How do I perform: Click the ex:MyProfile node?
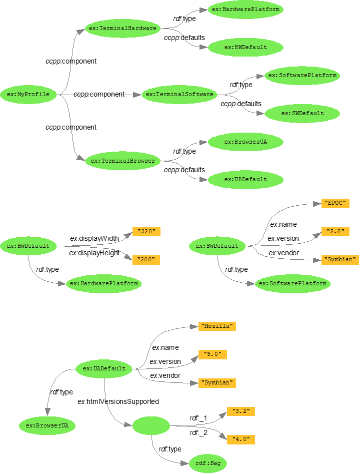pyautogui.click(x=28, y=94)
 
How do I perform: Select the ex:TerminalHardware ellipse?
pyautogui.click(x=122, y=29)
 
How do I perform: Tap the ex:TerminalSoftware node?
pyautogui.click(x=178, y=94)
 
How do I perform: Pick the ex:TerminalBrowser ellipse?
pyautogui.click(x=122, y=161)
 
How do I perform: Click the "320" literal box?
pyautogui.click(x=146, y=232)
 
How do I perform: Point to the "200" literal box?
pyautogui.click(x=146, y=260)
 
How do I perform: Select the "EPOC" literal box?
pyautogui.click(x=335, y=203)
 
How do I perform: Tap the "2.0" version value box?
pyautogui.click(x=335, y=232)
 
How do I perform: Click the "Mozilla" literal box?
pyautogui.click(x=216, y=326)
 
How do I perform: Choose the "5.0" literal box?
pyautogui.click(x=212, y=354)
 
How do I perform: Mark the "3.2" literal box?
pyautogui.click(x=241, y=411)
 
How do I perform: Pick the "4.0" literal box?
pyautogui.click(x=241, y=439)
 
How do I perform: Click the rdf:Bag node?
pyautogui.click(x=208, y=463)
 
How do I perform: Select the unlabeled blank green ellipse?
pyautogui.click(x=151, y=426)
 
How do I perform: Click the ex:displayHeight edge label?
pyautogui.click(x=94, y=253)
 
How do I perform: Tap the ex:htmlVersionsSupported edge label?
pyautogui.click(x=118, y=401)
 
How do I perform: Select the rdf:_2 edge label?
pyautogui.click(x=198, y=432)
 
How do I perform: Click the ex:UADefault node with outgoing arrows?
pyautogui.click(x=104, y=369)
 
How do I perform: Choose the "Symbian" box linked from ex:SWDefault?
pyautogui.click(x=340, y=260)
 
